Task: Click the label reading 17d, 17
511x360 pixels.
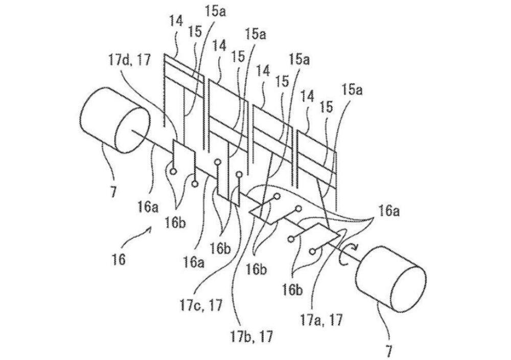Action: click(129, 61)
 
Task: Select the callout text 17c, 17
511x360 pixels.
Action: click(200, 306)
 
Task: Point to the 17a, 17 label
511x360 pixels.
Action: click(321, 319)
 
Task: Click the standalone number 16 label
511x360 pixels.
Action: click(118, 260)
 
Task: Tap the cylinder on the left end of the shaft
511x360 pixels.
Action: click(114, 120)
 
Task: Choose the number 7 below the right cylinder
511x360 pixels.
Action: click(389, 351)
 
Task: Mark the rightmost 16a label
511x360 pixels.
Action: click(388, 211)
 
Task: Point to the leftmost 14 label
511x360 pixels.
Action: click(176, 21)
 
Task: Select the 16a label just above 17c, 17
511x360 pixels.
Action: click(194, 262)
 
